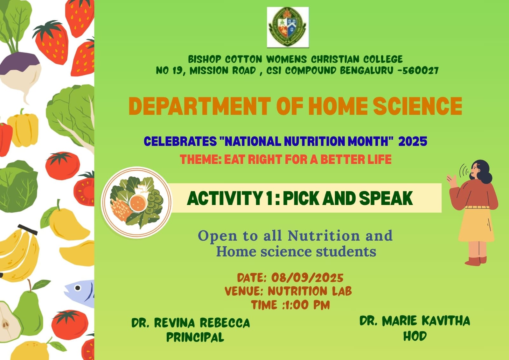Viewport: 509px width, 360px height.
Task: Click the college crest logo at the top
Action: coord(288,27)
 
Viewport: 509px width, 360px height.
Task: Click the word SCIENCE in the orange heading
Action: coord(418,106)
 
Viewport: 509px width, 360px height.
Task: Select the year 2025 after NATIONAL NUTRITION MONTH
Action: coord(413,141)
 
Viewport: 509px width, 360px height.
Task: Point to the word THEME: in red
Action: coord(201,159)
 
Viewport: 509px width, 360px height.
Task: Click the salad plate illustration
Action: coord(136,202)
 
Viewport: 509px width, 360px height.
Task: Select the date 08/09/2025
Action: coord(307,278)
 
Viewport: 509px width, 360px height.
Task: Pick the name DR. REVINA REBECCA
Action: coord(191,323)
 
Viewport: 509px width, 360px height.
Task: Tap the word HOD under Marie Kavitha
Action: coord(415,336)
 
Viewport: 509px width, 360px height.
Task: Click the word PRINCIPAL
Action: coord(195,337)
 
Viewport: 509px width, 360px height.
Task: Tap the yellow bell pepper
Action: coord(23,129)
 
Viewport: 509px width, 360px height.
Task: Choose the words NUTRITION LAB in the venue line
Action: coord(310,291)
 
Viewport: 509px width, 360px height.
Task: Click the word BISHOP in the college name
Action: coord(205,59)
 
